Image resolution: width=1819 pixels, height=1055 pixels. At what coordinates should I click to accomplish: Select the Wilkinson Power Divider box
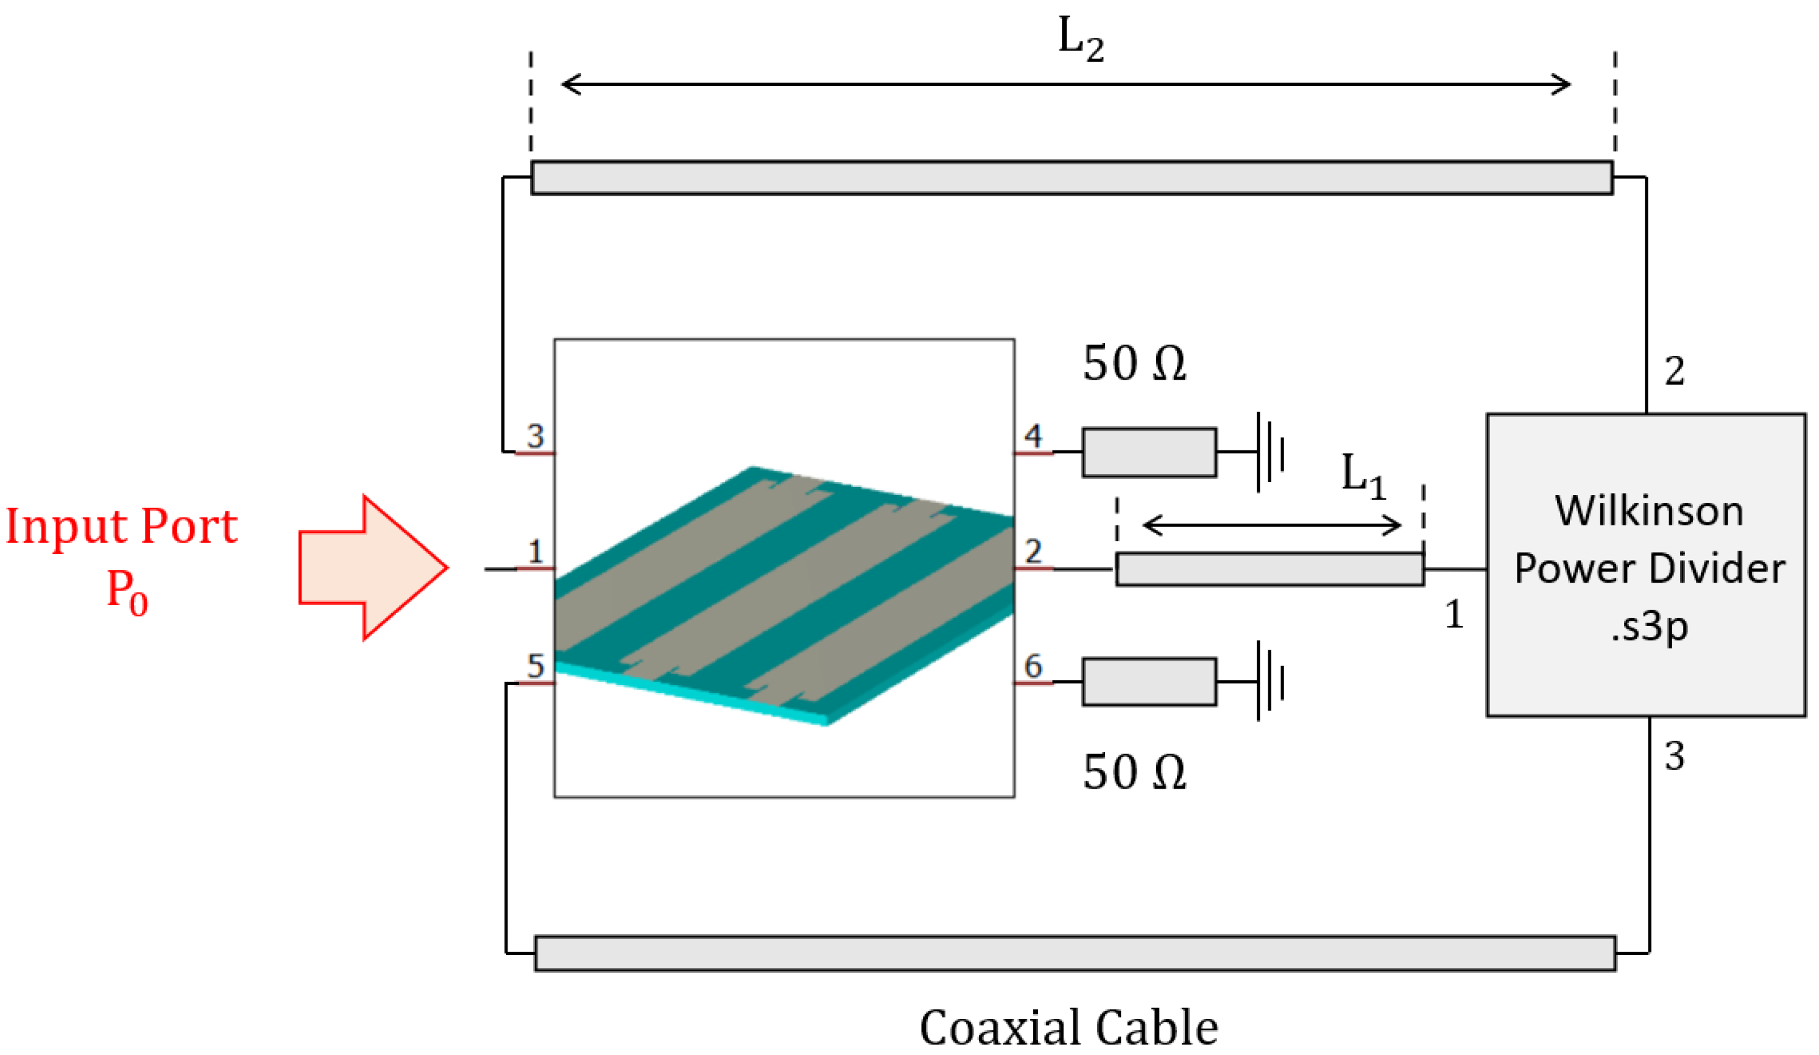[x=1646, y=566]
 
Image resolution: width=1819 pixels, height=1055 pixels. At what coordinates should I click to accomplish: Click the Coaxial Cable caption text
[x=1068, y=1027]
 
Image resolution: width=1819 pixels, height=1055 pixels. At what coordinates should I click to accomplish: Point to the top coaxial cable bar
[x=1072, y=177]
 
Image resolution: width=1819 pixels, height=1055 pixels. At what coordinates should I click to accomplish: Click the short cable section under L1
[x=1270, y=569]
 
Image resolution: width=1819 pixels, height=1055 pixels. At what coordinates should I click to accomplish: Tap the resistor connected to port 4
[x=1149, y=453]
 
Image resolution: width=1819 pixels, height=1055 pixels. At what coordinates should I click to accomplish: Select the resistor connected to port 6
[x=1149, y=681]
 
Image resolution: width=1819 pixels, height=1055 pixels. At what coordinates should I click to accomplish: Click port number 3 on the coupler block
[x=535, y=435]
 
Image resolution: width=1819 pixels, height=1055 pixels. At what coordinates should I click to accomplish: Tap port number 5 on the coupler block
[x=535, y=665]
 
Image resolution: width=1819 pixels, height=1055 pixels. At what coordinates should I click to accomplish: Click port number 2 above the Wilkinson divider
[x=1675, y=371]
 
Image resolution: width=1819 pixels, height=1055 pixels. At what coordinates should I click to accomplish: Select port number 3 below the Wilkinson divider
[x=1675, y=756]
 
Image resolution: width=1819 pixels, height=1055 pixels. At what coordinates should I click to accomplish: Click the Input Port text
[x=121, y=526]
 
